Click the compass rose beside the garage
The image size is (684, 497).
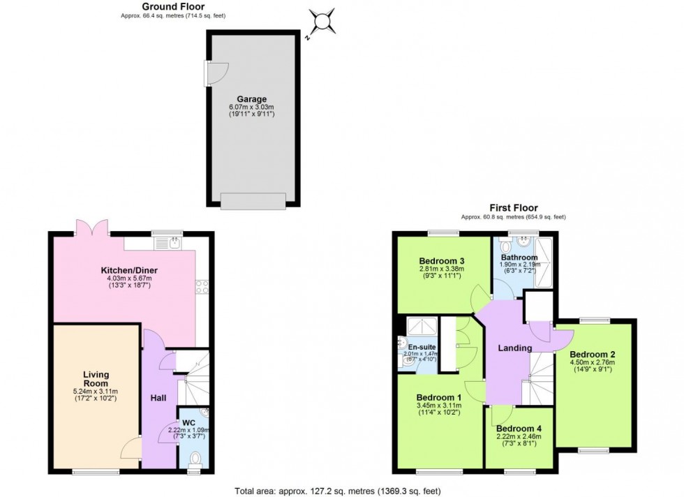click(x=322, y=21)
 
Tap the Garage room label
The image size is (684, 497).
click(x=251, y=99)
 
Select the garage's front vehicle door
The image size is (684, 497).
click(x=253, y=201)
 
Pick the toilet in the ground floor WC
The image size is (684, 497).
click(x=195, y=457)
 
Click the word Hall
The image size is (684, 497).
click(x=158, y=398)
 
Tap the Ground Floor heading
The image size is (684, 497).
click(x=173, y=6)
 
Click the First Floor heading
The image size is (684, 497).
click(x=513, y=208)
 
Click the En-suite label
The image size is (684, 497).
click(x=422, y=346)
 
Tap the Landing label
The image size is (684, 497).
click(x=515, y=348)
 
